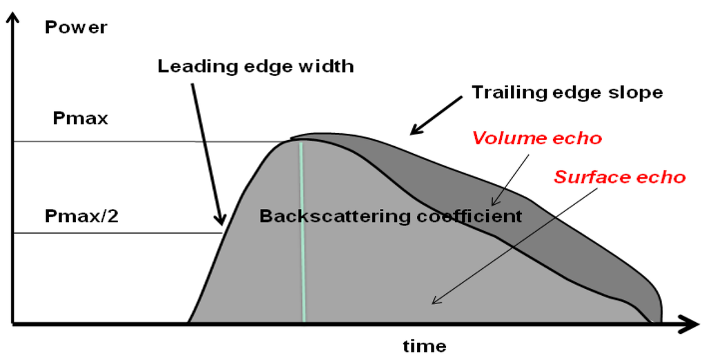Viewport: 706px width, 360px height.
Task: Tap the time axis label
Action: point(424,346)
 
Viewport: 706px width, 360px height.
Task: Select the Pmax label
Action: point(81,118)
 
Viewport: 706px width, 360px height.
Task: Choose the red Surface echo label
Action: point(620,177)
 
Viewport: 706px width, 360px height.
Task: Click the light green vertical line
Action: point(302,234)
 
